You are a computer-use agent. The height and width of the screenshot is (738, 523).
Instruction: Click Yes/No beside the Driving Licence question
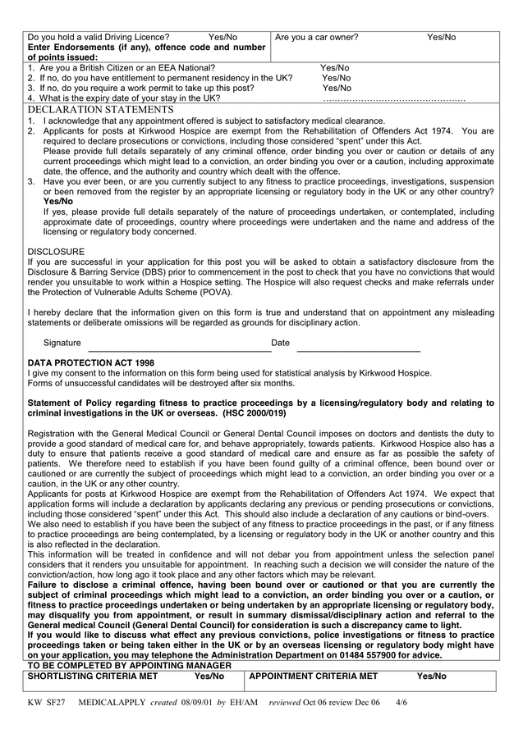point(223,37)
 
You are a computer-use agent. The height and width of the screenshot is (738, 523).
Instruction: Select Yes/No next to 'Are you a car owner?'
point(441,37)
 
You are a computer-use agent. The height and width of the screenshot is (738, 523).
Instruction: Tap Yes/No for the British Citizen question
point(335,68)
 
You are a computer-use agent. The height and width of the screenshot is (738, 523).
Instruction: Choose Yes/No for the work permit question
point(337,88)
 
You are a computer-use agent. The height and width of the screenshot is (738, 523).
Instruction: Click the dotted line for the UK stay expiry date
point(394,98)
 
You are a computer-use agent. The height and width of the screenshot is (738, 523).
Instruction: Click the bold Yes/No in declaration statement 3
point(58,201)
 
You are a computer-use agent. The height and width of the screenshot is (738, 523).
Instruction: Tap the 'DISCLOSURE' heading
point(56,252)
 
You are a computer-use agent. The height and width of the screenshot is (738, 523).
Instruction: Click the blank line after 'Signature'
point(179,343)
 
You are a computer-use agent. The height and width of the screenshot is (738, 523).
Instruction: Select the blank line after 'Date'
point(358,343)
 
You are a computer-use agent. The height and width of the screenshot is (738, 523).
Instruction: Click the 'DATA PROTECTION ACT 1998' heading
point(91,362)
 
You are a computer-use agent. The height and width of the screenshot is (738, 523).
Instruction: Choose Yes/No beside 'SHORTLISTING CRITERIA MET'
point(209,676)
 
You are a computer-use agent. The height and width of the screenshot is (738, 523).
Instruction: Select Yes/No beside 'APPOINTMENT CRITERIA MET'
point(431,676)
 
